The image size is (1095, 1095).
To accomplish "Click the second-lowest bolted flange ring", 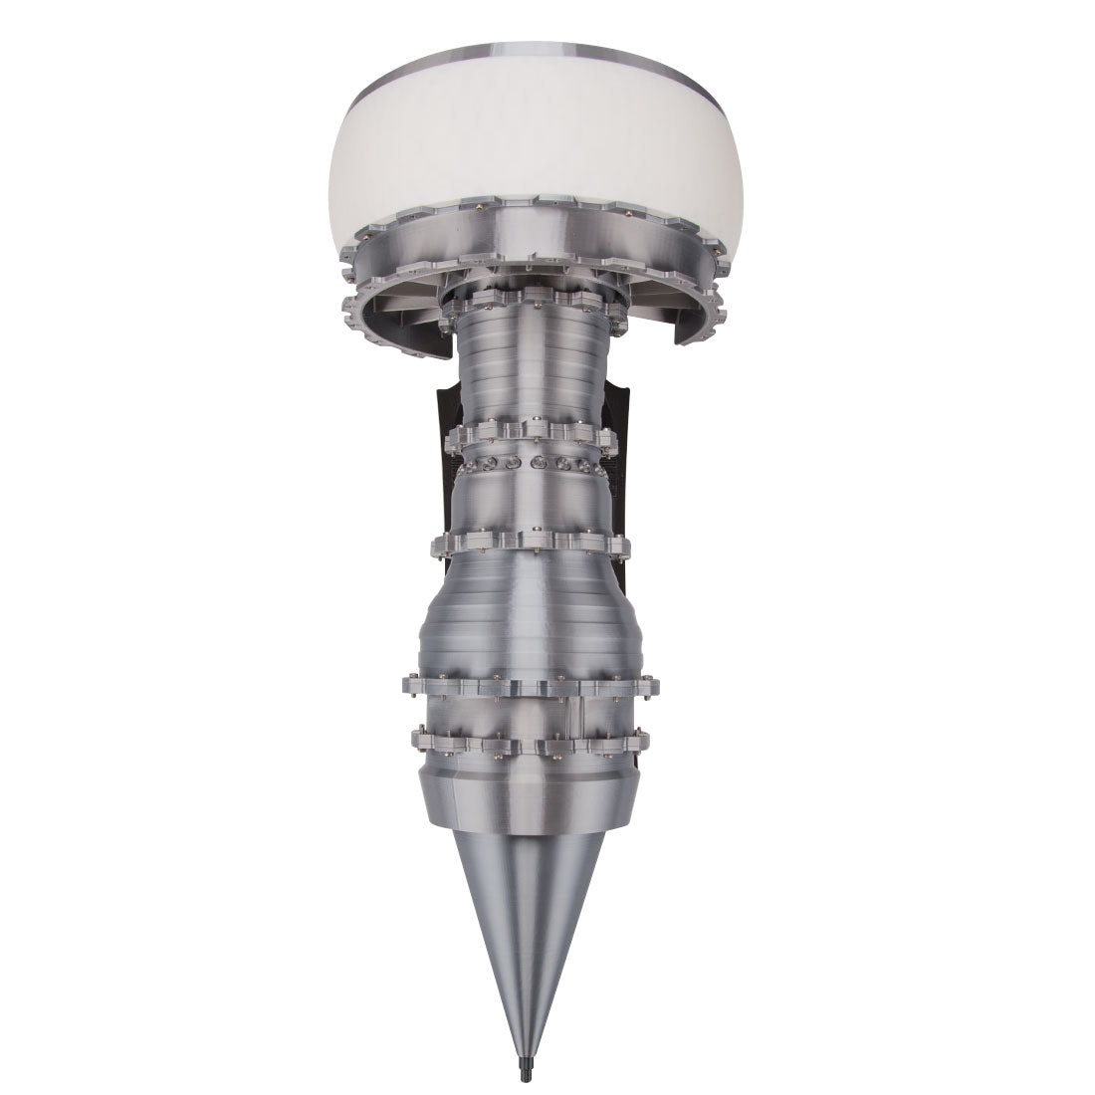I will coord(528,685).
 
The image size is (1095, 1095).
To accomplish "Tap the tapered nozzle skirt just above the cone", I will coord(528,796).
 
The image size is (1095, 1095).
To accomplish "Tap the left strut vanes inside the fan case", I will coord(393,309).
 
